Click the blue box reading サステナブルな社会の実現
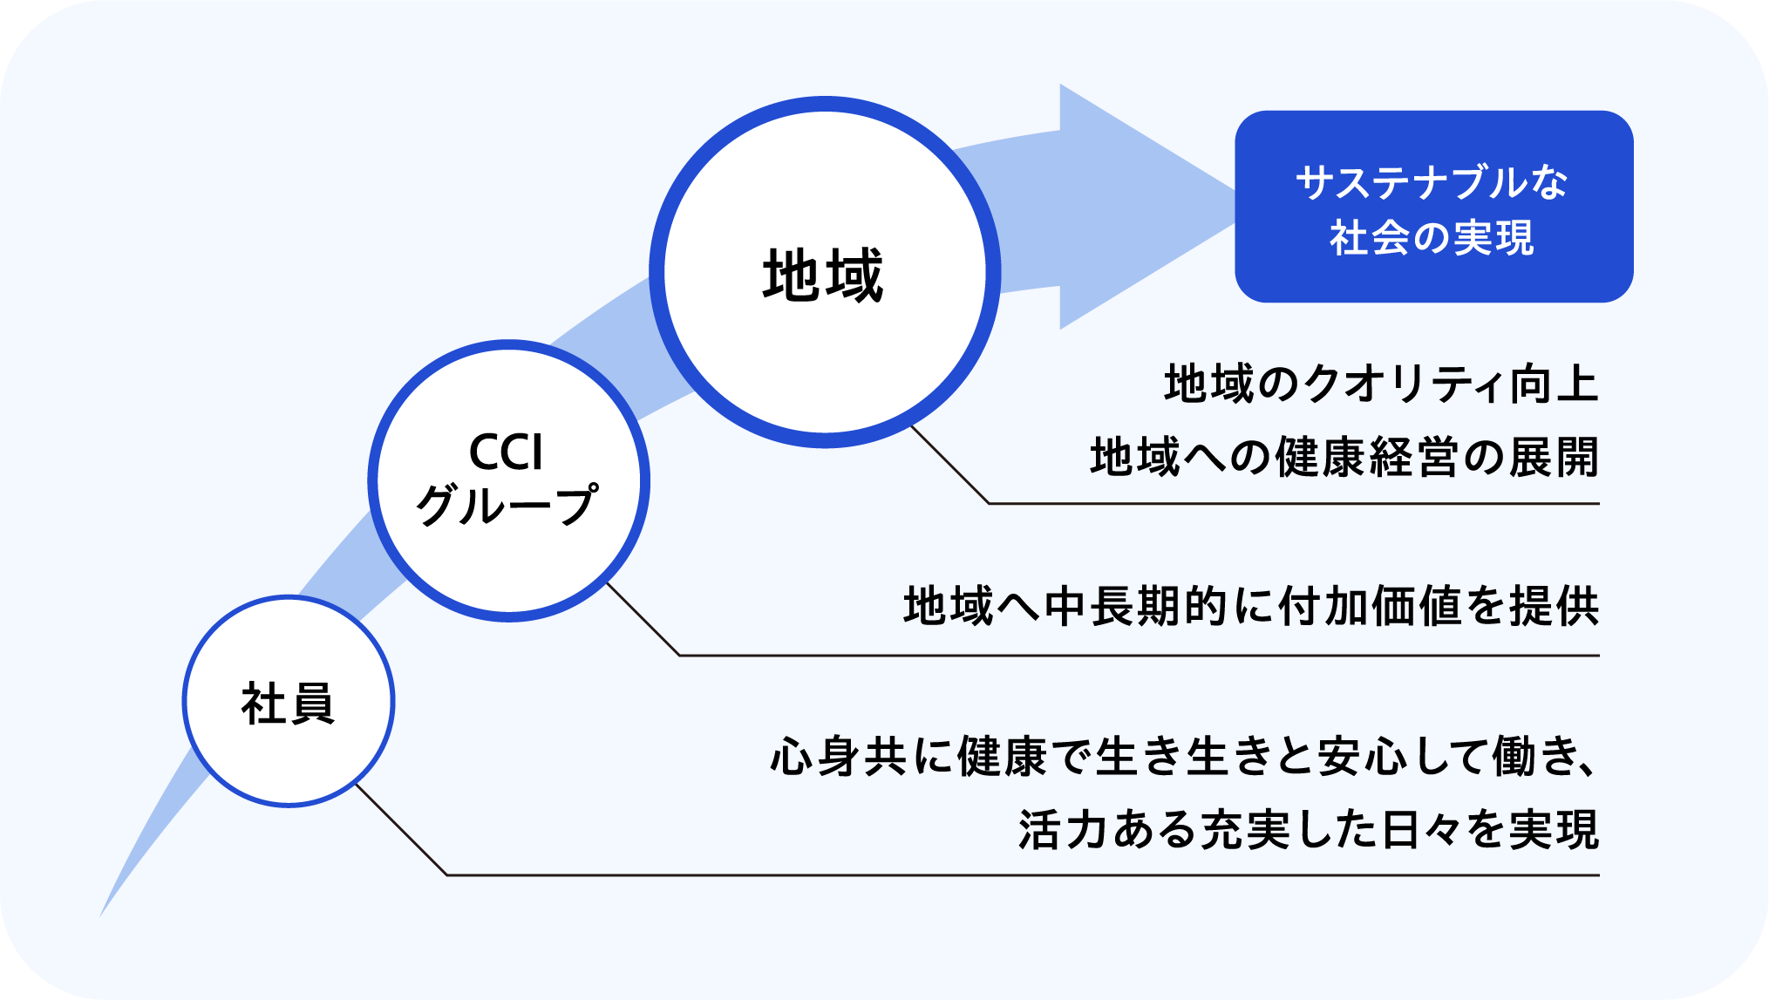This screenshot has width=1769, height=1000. click(x=1433, y=207)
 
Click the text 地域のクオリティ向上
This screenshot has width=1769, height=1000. click(x=1381, y=384)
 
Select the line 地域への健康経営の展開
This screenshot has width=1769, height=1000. click(x=1344, y=458)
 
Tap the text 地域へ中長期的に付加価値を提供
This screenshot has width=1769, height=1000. click(x=1251, y=607)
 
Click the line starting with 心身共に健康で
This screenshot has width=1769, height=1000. click(x=1184, y=756)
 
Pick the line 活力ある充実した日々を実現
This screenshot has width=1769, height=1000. click(x=1308, y=830)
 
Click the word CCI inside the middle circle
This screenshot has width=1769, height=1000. click(x=506, y=452)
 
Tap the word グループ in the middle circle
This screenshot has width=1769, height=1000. click(x=507, y=506)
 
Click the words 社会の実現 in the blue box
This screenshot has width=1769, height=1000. click(x=1432, y=237)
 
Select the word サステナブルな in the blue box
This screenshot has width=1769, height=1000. click(x=1432, y=183)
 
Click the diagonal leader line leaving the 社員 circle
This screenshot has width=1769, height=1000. click(x=401, y=829)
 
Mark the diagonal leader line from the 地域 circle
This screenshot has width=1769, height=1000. click(x=950, y=465)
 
